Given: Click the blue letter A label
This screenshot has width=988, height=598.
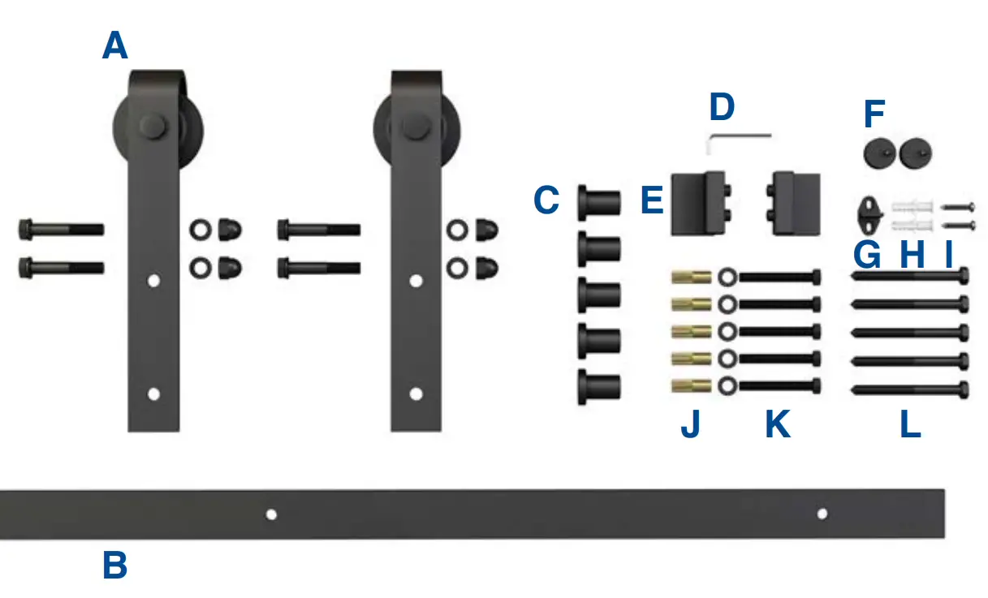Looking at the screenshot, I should coord(115,46).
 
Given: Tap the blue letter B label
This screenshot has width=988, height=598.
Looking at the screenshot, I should coord(114,566).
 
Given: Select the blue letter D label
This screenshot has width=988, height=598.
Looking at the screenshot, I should coord(721,107).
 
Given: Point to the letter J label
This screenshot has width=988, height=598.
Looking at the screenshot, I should coord(690,424).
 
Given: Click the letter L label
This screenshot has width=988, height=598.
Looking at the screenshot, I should coord(910,424).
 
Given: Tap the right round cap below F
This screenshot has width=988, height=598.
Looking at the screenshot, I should coord(916,152).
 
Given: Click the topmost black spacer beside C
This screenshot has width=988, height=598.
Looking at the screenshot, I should coord(599,201).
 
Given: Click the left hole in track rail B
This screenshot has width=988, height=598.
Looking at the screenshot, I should coord(271,514).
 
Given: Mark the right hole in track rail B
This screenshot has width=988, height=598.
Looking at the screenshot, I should coord(822,514).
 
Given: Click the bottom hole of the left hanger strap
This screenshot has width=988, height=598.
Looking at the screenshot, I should coord(153,394).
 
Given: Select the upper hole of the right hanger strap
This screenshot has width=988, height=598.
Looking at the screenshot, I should coord(416,282).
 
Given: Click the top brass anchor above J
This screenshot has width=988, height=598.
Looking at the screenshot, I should coord(692,277).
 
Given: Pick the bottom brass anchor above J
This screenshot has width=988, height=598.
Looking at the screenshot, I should coord(692,385).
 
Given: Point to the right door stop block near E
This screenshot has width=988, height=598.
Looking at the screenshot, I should coord(793,203).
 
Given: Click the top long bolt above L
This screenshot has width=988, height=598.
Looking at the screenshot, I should coord(910,277).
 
